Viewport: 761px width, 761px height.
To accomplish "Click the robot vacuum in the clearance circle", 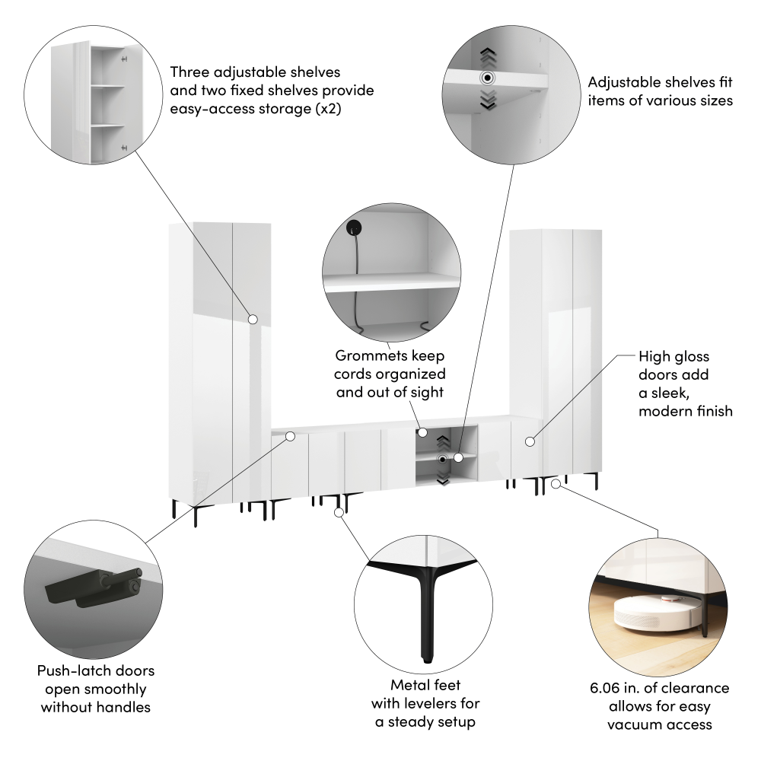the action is point(658,612).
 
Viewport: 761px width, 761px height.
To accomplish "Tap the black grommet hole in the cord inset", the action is point(354,227).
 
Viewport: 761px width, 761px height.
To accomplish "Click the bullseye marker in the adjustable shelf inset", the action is point(487,78).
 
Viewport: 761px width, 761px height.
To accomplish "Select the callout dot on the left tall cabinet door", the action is point(253,320).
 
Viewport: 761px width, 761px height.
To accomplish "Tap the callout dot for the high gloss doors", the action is point(530,441).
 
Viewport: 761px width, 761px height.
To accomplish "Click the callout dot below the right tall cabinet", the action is point(556,483).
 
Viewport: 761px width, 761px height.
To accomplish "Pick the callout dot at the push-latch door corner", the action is point(290,436).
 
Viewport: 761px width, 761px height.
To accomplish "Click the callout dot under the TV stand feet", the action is point(339,512).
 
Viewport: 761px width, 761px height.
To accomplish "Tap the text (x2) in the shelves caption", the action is point(329,109).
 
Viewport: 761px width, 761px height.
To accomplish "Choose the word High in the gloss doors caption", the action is point(654,357).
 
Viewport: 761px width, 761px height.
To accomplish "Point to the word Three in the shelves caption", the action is point(189,72).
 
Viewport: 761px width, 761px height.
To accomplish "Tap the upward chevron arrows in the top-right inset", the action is point(489,57).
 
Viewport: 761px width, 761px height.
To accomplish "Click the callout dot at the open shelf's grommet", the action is point(422,432).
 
